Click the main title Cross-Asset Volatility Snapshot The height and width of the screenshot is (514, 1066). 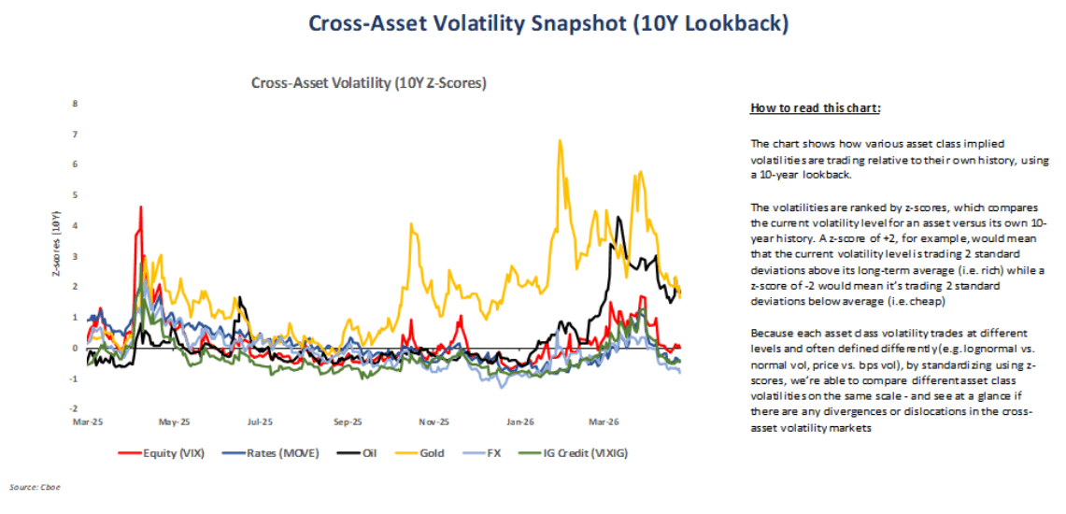click(533, 23)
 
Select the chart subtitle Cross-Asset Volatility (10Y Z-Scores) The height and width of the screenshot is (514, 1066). click(369, 83)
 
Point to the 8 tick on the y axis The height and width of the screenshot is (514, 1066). click(76, 104)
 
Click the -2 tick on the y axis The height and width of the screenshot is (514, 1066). click(75, 409)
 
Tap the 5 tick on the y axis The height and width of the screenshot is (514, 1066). click(76, 195)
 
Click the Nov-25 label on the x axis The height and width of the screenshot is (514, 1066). click(434, 421)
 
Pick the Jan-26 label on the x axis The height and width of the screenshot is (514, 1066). click(521, 421)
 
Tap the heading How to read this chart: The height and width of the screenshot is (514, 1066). click(815, 108)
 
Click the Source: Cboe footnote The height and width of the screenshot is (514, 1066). click(30, 487)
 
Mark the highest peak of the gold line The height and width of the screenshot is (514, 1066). click(559, 140)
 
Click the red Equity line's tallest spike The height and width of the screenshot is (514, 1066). click(140, 207)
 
